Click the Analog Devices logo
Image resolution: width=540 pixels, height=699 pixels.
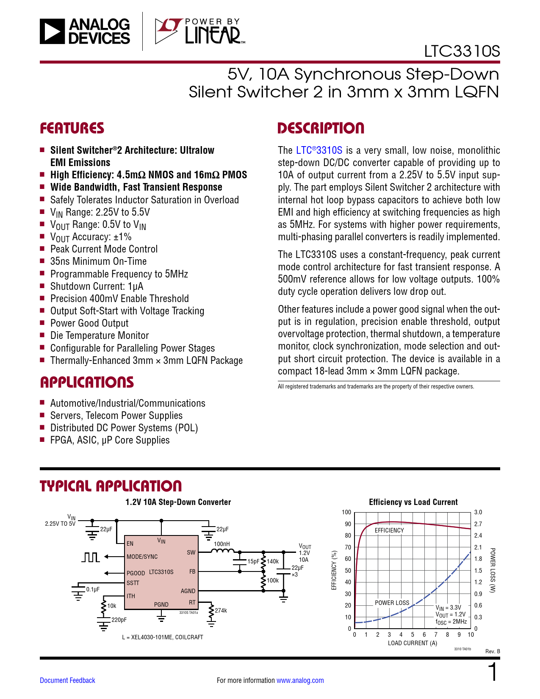point(85,31)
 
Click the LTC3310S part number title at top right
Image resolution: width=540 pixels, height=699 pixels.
point(462,51)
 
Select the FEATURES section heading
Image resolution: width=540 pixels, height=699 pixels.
point(72,128)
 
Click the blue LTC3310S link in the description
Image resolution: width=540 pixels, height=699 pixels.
point(319,150)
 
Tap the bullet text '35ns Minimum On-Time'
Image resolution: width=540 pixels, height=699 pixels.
point(98,261)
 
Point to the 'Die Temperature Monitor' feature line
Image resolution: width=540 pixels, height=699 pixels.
point(100,336)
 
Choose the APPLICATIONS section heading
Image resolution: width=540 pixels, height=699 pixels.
point(87,382)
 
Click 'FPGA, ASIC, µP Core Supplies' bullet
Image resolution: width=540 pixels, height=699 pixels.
point(110,440)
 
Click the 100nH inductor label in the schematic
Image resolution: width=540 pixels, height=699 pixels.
point(222,544)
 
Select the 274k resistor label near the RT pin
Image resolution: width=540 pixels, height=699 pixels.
point(221,610)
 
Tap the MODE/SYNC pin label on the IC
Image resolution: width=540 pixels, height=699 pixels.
point(142,557)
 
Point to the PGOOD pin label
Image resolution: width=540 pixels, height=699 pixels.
point(136,573)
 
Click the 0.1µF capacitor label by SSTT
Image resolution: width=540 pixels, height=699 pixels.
point(93,589)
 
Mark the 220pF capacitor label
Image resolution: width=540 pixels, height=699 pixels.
point(119,620)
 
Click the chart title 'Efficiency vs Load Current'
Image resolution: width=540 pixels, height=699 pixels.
point(413,502)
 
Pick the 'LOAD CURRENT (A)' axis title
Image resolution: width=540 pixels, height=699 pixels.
point(412,643)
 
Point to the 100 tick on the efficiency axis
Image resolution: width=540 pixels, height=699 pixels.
point(346,512)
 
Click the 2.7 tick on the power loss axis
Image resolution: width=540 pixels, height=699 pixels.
point(478,524)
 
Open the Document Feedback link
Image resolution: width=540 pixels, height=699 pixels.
point(67,680)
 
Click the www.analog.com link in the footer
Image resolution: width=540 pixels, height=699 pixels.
point(300,680)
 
